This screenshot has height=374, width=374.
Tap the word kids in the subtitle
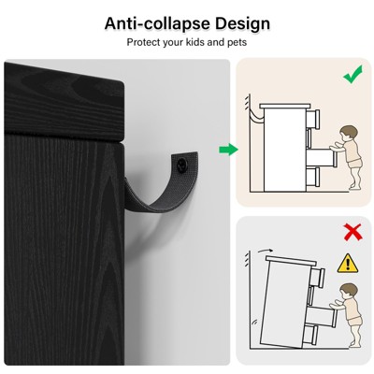195,42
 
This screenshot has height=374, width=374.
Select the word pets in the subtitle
237,42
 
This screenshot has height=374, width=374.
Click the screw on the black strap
180,164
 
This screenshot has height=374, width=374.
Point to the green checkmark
352,74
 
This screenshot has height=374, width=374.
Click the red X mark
352,232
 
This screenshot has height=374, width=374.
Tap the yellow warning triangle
348,264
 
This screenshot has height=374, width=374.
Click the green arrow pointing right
228,150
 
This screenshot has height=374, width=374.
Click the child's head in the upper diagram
348,134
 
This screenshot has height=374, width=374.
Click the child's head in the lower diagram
348,292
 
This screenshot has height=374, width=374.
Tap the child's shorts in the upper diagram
355,163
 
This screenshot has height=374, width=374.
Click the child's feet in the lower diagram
354,344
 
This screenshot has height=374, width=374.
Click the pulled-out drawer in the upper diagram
322,158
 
